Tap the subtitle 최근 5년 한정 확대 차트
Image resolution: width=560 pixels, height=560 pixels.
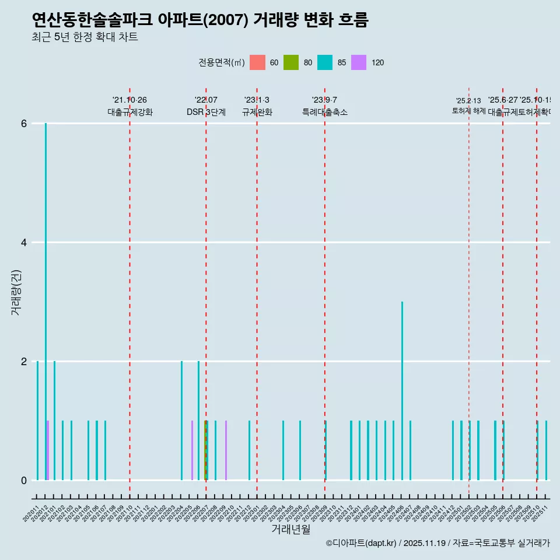point(85,37)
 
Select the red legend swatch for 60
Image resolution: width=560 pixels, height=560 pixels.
point(257,62)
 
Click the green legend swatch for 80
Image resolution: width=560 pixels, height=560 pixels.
point(291,62)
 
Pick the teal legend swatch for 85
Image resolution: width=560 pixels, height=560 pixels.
point(325,62)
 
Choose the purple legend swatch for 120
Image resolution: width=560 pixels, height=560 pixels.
point(359,62)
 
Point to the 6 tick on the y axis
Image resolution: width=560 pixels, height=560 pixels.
point(24,124)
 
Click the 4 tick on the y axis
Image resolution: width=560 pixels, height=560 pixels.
point(24,243)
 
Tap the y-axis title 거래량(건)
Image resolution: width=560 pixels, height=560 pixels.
point(16,292)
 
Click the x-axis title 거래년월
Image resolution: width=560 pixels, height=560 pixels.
point(290,529)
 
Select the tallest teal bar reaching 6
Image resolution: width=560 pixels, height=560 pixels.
point(46,292)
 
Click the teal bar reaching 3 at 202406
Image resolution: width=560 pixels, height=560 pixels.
point(402,391)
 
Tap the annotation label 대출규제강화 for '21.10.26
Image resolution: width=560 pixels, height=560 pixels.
point(129,112)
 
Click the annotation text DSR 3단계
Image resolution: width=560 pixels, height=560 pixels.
point(206,112)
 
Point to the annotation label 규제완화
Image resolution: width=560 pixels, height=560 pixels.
point(257,112)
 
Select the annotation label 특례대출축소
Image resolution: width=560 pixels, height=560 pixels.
point(324,112)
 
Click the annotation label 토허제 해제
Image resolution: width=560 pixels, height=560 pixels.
point(468,110)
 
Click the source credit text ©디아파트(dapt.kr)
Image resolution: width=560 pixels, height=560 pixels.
point(362,543)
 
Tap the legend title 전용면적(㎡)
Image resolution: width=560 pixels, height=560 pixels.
point(222,62)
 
